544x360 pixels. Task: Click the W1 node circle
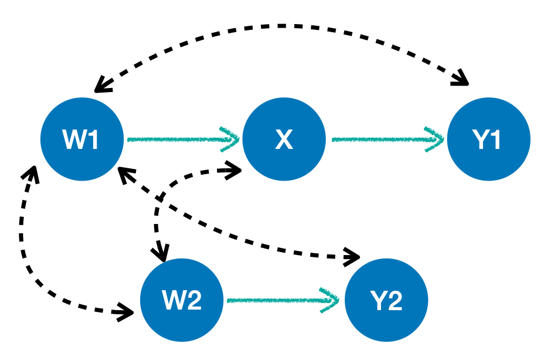82,139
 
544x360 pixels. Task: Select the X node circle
284,139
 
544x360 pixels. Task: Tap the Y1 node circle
488,139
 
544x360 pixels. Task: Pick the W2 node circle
182,300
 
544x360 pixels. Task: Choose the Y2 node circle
386,300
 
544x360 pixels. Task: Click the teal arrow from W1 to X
176,140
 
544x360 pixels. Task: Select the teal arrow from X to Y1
381,140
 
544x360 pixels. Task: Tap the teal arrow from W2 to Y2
276,300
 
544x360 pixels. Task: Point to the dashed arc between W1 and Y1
281,26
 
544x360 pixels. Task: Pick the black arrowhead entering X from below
234,170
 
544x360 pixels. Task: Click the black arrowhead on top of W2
162,253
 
